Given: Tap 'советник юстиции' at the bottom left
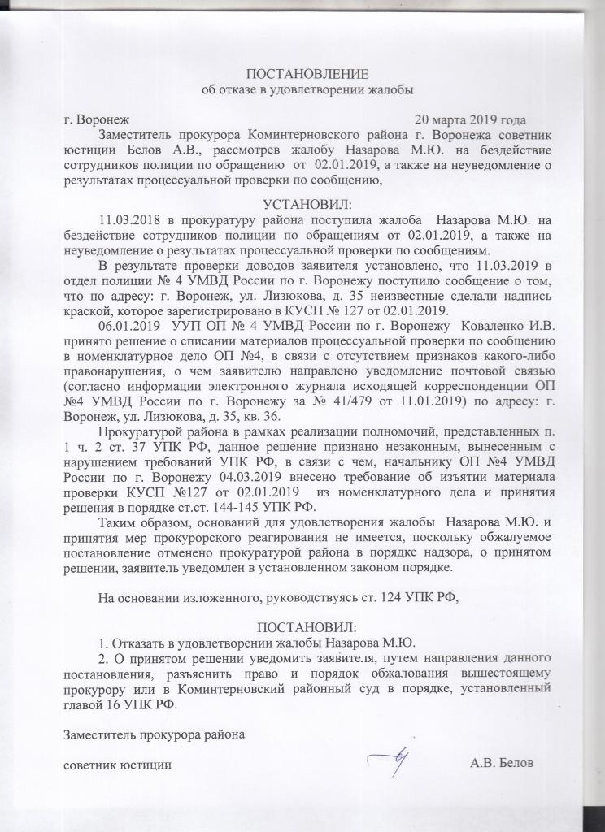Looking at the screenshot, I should (x=117, y=764).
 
